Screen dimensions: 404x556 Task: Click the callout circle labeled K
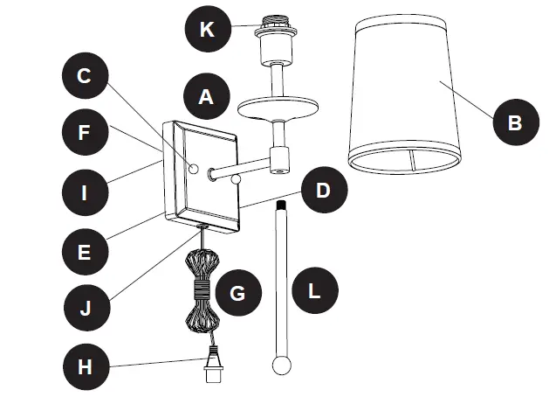[x=206, y=28]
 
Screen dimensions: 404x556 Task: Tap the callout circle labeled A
[x=206, y=96]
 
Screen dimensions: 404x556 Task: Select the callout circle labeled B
[x=516, y=122]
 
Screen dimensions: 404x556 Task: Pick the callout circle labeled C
[x=85, y=76]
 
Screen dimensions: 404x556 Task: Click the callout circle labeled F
[x=85, y=134]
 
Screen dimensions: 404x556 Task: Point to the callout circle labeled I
[x=85, y=191]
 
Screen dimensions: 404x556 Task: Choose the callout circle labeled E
[x=85, y=251]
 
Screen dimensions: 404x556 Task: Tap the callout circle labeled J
[x=85, y=310]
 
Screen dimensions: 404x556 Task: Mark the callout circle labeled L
[x=315, y=289]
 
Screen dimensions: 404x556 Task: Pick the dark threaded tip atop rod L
[x=280, y=206]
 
